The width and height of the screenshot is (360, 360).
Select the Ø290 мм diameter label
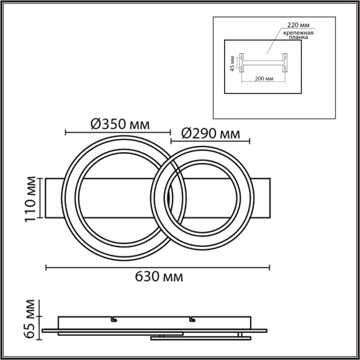210,132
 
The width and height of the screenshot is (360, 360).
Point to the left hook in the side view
114,320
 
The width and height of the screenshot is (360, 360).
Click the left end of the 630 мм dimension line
47,268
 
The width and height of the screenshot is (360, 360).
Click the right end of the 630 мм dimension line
269,268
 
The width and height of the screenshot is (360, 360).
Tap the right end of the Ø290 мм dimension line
251,142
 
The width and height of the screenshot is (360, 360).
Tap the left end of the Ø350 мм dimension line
66,132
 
